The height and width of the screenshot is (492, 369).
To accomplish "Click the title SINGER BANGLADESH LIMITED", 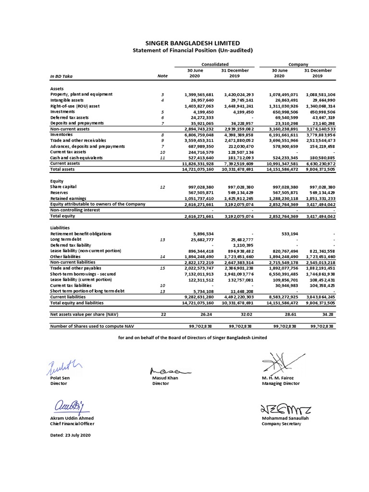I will (x=186, y=43).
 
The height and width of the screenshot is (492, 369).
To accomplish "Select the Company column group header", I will (x=298, y=64).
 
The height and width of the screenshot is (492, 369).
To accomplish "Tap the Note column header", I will (x=162, y=76).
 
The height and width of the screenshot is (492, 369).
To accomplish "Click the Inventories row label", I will (x=62, y=135).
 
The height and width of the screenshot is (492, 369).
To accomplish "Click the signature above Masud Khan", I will (x=169, y=371).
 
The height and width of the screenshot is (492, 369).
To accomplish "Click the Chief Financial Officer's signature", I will (x=70, y=406).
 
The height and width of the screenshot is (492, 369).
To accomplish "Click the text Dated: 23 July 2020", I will (x=70, y=435).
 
